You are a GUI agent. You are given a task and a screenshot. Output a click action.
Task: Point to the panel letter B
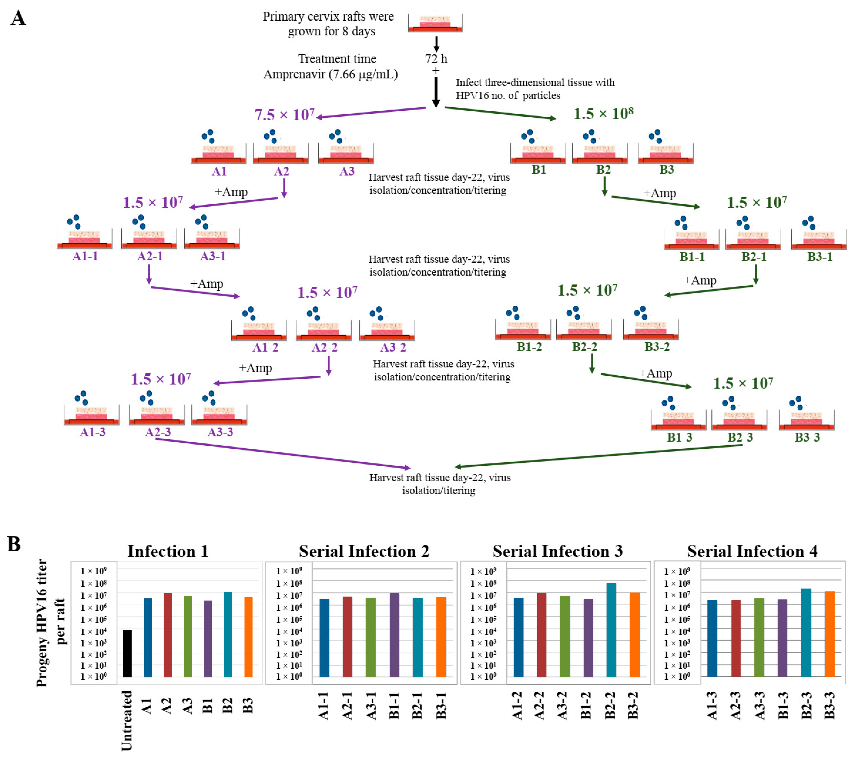click(14, 544)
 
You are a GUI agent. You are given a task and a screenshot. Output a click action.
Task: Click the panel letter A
click(18, 18)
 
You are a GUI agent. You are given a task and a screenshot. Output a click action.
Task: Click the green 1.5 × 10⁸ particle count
click(603, 113)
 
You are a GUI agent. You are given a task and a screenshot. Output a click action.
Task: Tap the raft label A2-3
click(158, 432)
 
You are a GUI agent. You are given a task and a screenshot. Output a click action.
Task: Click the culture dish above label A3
click(346, 153)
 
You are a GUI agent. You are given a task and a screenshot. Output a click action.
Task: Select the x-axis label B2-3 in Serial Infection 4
click(806, 706)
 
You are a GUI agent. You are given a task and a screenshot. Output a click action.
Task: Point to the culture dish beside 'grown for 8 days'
click(435, 23)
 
